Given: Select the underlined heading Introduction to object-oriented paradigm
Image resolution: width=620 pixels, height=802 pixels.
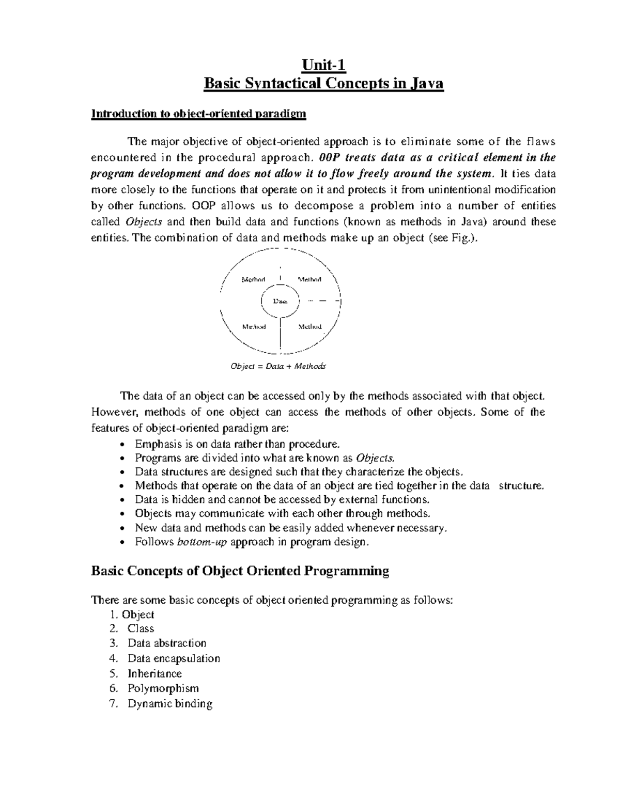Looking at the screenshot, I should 199,114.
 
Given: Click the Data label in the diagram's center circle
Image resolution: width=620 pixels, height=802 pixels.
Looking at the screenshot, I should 280,301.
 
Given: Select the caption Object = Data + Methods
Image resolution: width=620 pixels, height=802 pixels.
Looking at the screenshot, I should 278,366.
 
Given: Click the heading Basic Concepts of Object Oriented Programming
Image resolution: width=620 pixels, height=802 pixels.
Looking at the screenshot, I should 240,571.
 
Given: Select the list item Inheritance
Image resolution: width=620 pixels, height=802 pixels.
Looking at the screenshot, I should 154,673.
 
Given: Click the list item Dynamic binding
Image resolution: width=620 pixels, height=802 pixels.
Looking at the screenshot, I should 170,703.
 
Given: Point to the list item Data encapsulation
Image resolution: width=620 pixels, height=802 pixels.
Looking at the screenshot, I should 174,658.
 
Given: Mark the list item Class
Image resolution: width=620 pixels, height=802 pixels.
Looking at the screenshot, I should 141,628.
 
